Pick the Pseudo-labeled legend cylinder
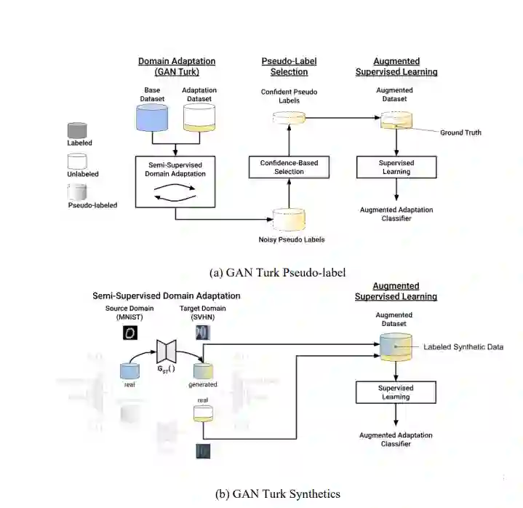click(77, 193)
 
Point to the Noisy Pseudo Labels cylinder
click(290, 218)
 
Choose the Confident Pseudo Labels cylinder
click(289, 116)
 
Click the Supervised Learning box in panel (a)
click(396, 167)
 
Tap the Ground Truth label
click(460, 132)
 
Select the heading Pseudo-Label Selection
click(290, 66)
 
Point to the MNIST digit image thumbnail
click(129, 333)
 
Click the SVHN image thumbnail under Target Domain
click(203, 333)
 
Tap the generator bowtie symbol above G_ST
click(167, 352)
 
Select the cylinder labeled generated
click(203, 370)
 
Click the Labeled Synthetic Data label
click(463, 347)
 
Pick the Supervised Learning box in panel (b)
click(395, 393)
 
